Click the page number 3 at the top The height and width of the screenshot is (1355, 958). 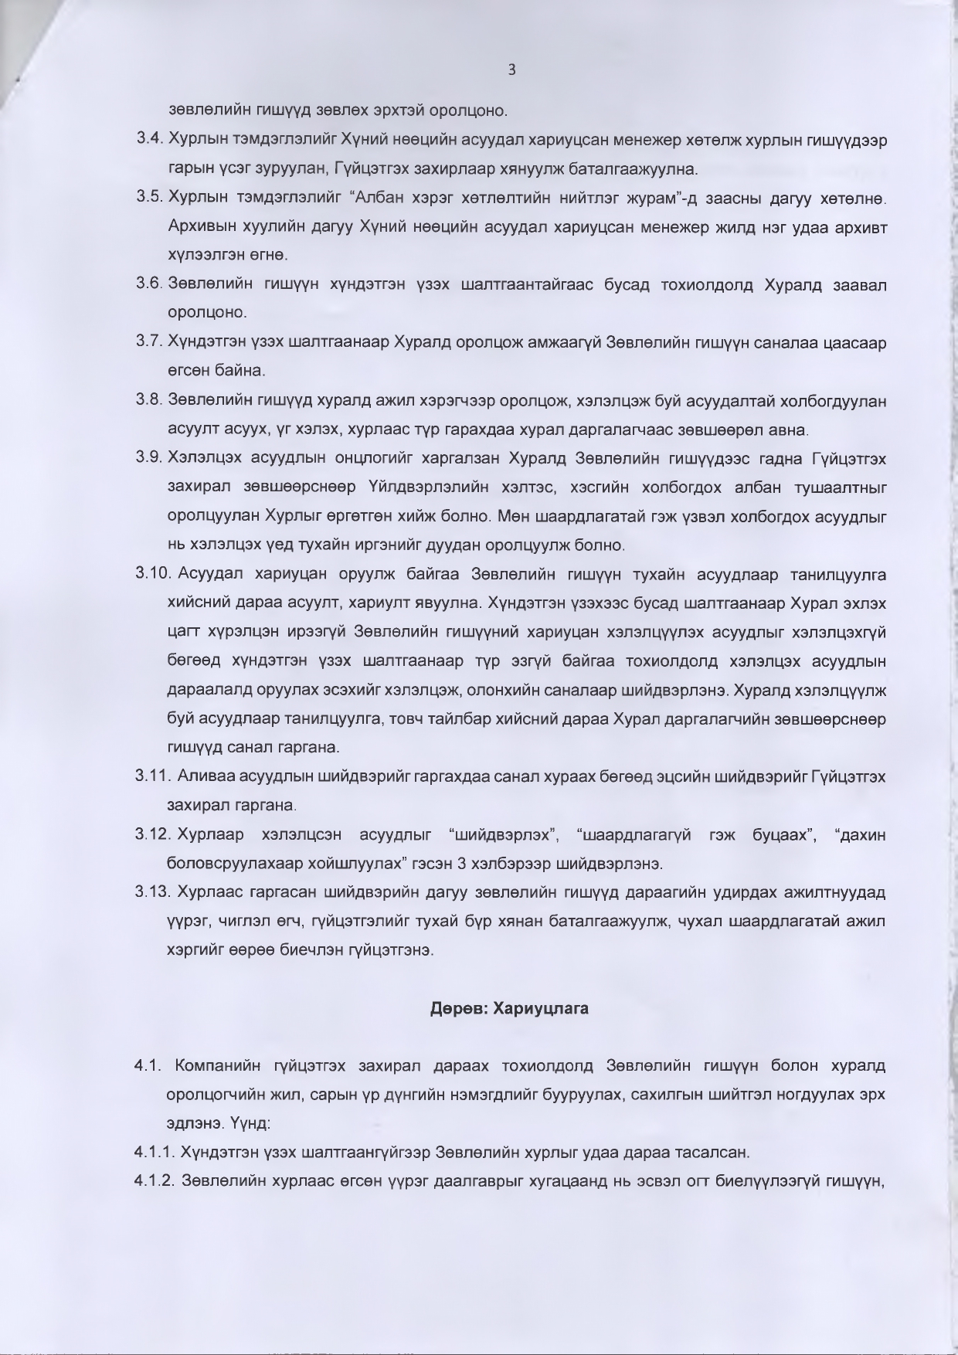coord(511,70)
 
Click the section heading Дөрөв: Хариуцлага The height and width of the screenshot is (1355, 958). coord(509,1008)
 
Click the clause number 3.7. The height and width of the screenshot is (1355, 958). coord(148,341)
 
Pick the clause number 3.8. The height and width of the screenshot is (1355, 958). coord(148,399)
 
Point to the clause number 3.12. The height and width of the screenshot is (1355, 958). coord(152,834)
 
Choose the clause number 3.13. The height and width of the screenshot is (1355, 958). coord(152,892)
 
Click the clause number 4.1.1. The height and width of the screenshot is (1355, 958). coord(155,1153)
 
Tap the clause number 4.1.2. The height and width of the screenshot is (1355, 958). coord(155,1181)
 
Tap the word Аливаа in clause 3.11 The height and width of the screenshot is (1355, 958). coord(202,776)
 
